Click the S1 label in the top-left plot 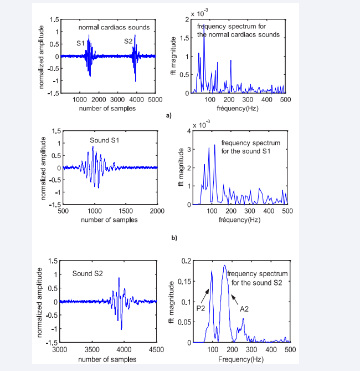point(81,43)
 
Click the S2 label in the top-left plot point(128,41)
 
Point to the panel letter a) point(169,115)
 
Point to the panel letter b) point(174,238)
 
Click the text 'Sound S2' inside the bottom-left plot point(88,273)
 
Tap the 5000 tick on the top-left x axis point(155,99)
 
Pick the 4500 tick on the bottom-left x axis point(156,349)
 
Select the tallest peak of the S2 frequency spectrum point(225,266)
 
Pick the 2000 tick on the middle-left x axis point(157,211)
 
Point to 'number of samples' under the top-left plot point(107,108)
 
